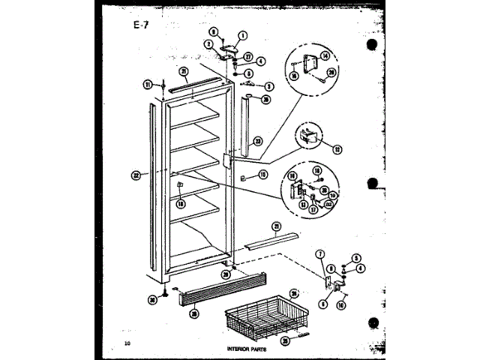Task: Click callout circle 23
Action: (x=257, y=140)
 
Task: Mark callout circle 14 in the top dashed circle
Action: (x=324, y=56)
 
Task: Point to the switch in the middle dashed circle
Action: (x=306, y=136)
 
